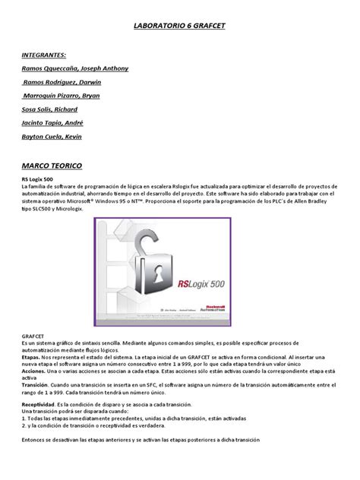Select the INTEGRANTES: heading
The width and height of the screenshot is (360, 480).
[44, 55]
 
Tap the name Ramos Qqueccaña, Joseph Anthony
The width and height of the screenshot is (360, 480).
[75, 68]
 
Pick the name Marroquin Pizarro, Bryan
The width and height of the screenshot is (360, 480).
[62, 96]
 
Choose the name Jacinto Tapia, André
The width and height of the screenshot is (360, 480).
[52, 123]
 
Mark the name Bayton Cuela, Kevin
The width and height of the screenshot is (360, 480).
[52, 137]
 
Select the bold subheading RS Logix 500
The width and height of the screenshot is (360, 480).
[38, 179]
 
